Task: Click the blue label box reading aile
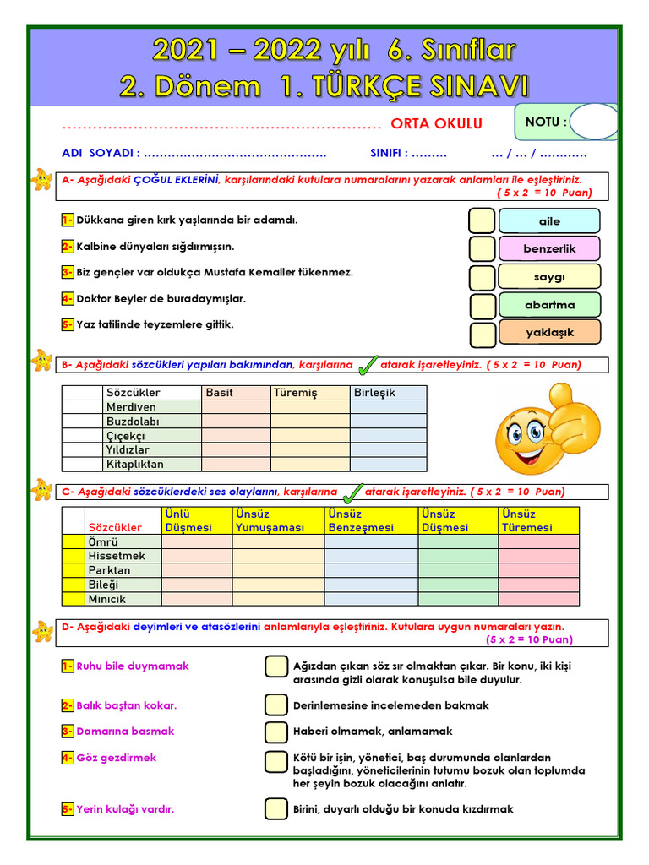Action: (549, 221)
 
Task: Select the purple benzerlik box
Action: (549, 249)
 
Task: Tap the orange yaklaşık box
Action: (549, 332)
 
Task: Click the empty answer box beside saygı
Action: (483, 278)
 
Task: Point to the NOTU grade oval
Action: (595, 122)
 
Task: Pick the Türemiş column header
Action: (310, 393)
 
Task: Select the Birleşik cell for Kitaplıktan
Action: (388, 464)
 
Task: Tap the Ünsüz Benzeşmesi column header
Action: (371, 520)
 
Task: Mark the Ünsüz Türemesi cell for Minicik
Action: (538, 599)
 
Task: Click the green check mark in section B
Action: (368, 365)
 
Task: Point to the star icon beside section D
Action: (41, 631)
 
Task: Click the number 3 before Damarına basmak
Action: (68, 732)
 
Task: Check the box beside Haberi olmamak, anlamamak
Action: (276, 732)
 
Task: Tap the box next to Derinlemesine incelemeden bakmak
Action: (276, 705)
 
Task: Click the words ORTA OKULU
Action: (436, 124)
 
